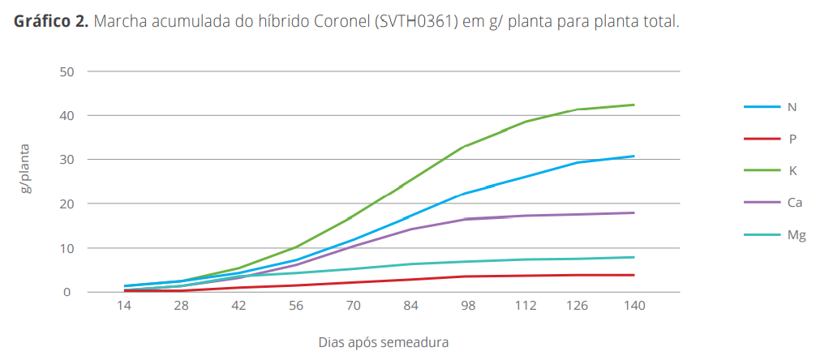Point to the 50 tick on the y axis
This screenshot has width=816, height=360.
(67, 71)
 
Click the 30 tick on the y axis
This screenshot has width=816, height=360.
(67, 160)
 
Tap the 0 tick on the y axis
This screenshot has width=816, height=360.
(70, 292)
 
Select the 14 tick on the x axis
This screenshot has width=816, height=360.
(124, 306)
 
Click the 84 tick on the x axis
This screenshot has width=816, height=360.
(411, 306)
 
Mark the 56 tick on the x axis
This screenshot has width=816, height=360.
(296, 306)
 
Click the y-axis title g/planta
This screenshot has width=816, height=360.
(27, 169)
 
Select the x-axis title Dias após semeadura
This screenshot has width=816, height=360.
(384, 342)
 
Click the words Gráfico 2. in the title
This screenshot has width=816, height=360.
(50, 22)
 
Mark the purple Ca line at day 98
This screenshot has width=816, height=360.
(465, 219)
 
